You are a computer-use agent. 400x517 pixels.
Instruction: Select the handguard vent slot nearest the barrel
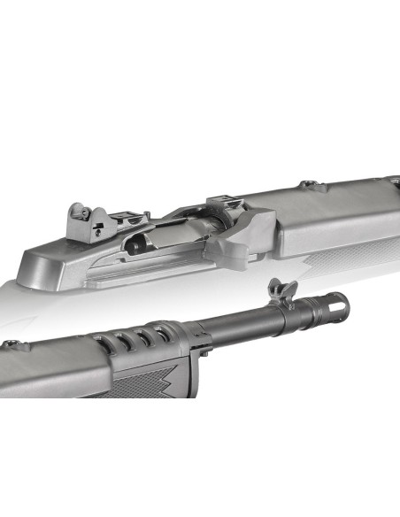click(162, 334)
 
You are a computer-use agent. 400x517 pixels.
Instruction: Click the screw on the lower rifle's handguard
click(12, 343)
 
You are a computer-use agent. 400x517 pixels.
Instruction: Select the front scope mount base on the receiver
click(221, 205)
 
